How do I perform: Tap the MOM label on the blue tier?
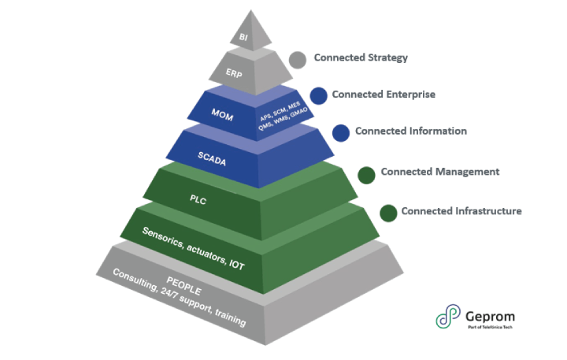pyautogui.click(x=222, y=113)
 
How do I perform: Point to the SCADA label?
pyautogui.click(x=213, y=154)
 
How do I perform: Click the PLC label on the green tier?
pyautogui.click(x=198, y=199)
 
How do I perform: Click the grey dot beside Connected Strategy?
pyautogui.click(x=297, y=59)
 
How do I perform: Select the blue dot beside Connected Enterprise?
pyautogui.click(x=318, y=95)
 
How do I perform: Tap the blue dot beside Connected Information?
pyautogui.click(x=340, y=132)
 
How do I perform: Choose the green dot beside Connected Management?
pyautogui.click(x=366, y=174)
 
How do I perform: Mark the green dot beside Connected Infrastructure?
pyautogui.click(x=387, y=213)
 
